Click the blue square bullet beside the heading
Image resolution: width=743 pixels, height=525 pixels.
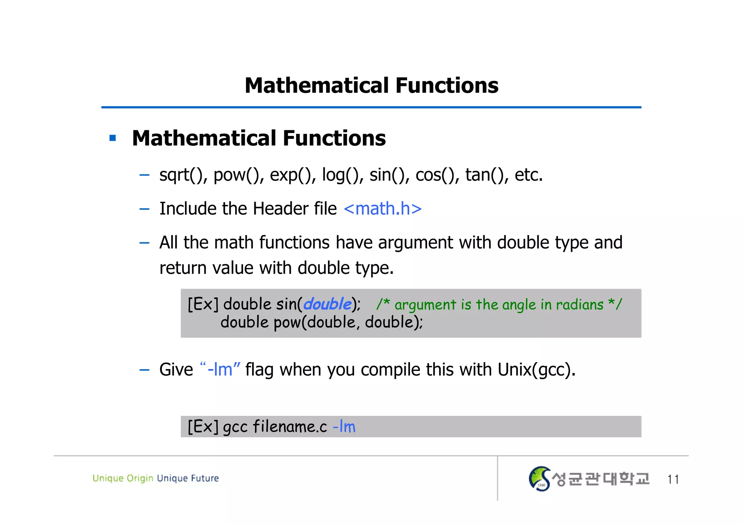coord(112,138)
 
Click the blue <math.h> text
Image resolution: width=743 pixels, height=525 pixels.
coord(383,209)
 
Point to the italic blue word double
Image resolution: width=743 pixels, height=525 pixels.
coord(327,304)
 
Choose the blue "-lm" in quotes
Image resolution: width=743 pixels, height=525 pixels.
coord(220,370)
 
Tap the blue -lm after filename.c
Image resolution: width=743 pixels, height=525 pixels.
coord(344,427)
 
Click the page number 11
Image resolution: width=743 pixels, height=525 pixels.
coord(673,479)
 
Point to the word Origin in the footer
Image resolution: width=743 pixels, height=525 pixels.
coord(140,479)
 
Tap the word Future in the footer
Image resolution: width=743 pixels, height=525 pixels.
coord(205,478)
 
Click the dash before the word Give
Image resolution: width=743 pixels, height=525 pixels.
coord(144,370)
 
